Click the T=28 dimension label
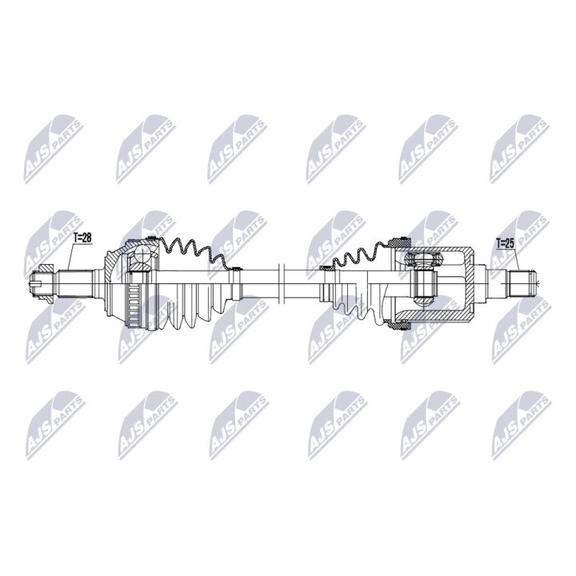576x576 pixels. tap(83, 238)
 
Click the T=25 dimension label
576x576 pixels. tap(506, 242)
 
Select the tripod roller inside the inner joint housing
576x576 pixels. tap(424, 284)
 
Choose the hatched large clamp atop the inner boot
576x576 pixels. tap(401, 241)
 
